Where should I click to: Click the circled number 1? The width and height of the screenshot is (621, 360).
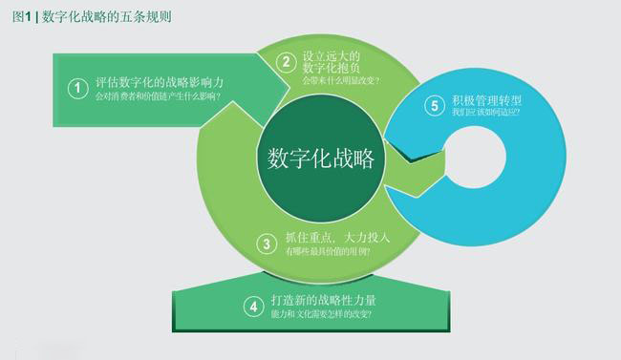(x=77, y=88)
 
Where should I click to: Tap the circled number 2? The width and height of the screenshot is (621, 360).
(x=285, y=63)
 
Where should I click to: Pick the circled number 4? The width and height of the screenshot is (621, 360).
(x=253, y=306)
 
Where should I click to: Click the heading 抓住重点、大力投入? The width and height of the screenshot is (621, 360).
(x=338, y=237)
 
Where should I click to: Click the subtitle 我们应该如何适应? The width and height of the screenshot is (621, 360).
(x=487, y=112)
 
